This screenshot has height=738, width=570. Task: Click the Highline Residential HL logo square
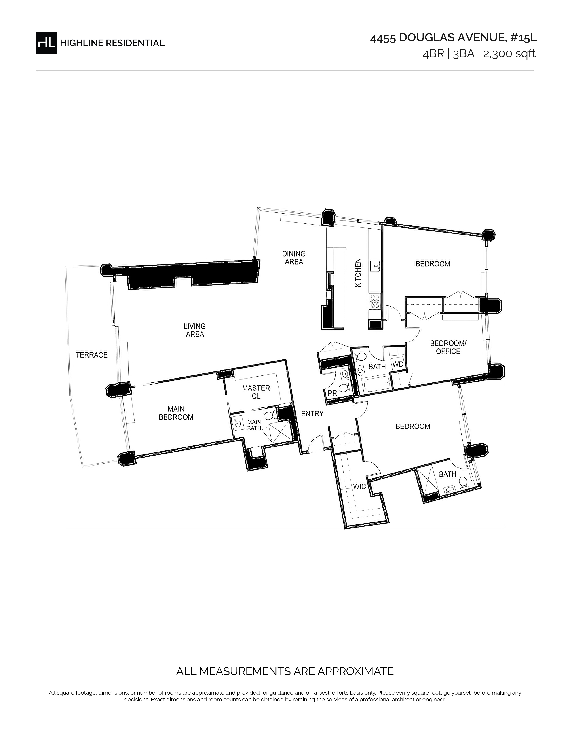(x=46, y=42)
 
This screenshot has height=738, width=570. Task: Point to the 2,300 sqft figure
(x=510, y=54)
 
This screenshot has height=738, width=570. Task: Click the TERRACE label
(x=91, y=355)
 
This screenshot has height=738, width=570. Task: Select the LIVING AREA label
(x=195, y=330)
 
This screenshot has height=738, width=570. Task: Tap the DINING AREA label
(x=294, y=257)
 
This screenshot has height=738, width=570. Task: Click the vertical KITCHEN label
(x=358, y=273)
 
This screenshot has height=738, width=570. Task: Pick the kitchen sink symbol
(x=376, y=266)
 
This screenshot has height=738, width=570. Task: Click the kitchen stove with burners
(x=375, y=300)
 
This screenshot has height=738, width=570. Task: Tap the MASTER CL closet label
(x=256, y=392)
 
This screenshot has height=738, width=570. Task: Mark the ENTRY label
(x=312, y=414)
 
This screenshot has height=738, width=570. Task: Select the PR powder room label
(x=332, y=393)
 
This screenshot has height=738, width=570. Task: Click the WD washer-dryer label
(x=398, y=365)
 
